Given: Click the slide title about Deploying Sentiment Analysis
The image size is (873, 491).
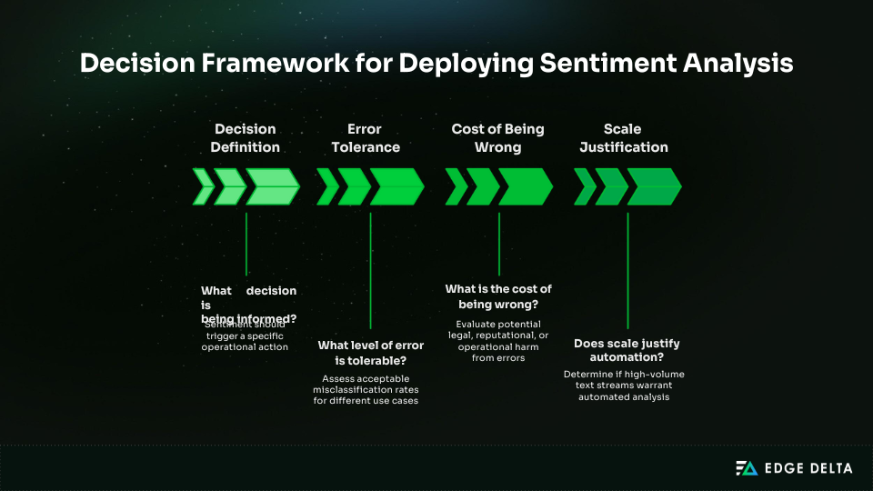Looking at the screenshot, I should click(436, 63).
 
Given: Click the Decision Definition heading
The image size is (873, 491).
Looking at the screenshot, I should click(246, 137).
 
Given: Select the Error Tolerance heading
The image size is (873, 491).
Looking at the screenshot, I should click(365, 137).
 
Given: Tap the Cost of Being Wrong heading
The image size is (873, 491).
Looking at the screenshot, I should click(498, 137).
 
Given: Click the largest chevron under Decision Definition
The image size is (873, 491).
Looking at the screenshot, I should click(272, 186).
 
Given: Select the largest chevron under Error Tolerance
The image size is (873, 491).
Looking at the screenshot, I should click(396, 186).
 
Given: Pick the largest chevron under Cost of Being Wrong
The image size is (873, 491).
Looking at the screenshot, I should click(525, 186).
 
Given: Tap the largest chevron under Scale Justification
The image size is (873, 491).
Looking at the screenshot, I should click(654, 186).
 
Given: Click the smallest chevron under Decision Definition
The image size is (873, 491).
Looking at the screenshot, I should click(204, 186).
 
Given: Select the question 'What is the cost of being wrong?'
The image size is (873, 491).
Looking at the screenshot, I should click(498, 296).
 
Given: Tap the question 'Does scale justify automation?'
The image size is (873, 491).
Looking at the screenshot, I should click(627, 351).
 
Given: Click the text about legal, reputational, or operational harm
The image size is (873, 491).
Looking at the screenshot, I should click(498, 341).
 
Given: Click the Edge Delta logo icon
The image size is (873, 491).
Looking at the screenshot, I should click(746, 468).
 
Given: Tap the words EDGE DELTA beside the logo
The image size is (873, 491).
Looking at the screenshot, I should click(807, 468).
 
